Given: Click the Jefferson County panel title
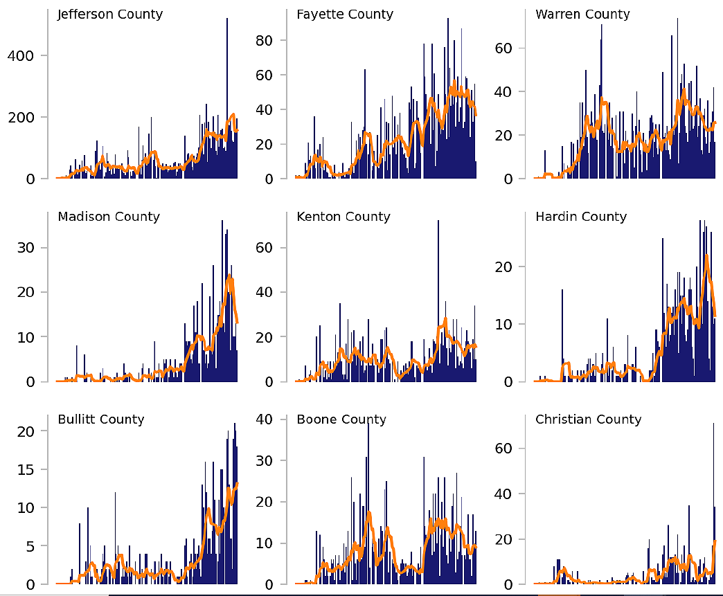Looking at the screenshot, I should pyautogui.click(x=110, y=15).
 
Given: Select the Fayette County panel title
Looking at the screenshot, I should pyautogui.click(x=344, y=15).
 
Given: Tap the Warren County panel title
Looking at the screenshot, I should pyautogui.click(x=582, y=15).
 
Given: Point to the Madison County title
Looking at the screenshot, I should pyautogui.click(x=109, y=217).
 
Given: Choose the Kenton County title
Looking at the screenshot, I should pyautogui.click(x=343, y=217).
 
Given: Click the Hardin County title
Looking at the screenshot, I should pyautogui.click(x=581, y=217).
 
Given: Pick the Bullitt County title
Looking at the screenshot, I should pyautogui.click(x=101, y=419).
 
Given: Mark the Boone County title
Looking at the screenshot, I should pyautogui.click(x=341, y=419).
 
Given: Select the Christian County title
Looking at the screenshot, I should pyautogui.click(x=588, y=419).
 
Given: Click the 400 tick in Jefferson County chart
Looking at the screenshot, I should pyautogui.click(x=21, y=55).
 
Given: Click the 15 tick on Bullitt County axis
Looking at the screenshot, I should pyautogui.click(x=27, y=469).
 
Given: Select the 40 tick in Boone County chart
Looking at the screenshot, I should pyautogui.click(x=265, y=419).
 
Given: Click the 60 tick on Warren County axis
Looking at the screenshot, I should pyautogui.click(x=504, y=48).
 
